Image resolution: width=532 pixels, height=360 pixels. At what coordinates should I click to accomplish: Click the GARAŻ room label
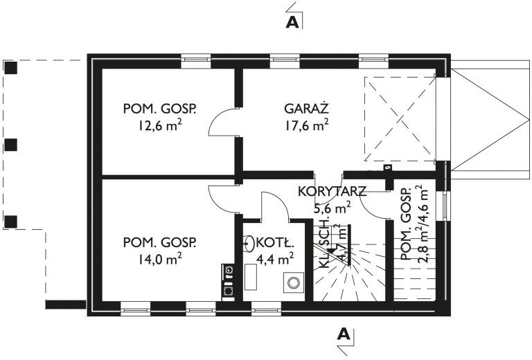click(305, 109)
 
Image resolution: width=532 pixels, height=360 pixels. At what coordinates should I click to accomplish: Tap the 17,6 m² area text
click(305, 125)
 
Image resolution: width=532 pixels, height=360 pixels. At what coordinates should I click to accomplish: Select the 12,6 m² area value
click(160, 125)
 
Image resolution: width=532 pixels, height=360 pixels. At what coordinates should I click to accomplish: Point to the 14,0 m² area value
click(160, 259)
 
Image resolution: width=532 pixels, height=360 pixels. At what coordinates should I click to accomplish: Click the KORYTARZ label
click(332, 191)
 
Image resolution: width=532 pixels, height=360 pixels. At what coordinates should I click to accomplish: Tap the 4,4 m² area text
click(276, 259)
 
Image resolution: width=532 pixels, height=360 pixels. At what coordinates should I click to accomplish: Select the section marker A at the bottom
click(344, 334)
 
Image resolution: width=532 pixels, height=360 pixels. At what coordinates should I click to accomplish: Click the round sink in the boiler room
click(249, 243)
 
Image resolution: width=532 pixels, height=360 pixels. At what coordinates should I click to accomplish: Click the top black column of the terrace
click(11, 68)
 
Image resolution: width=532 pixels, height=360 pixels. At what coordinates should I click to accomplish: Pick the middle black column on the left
click(11, 145)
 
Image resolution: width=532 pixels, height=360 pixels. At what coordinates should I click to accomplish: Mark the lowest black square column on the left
click(11, 222)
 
